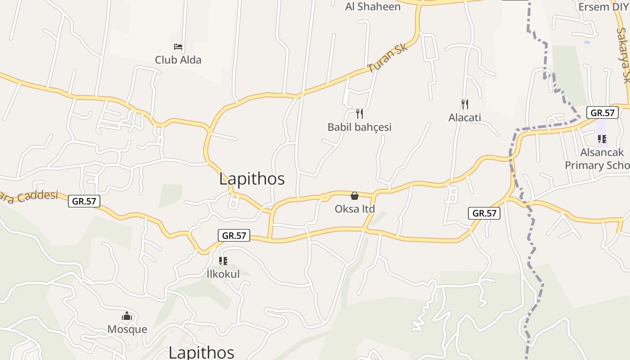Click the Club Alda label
(178, 60)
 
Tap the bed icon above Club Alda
(178, 46)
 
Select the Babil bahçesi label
(360, 127)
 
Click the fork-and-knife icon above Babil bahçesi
(359, 113)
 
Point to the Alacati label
(465, 117)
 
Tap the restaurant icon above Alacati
(465, 104)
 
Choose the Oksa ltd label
(355, 209)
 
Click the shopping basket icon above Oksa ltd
(355, 196)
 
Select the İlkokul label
(223, 274)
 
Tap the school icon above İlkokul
(223, 261)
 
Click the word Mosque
(127, 329)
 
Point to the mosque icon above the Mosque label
(127, 316)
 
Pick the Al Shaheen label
(373, 6)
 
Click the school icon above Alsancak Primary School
(602, 139)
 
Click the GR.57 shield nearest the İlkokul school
(234, 235)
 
